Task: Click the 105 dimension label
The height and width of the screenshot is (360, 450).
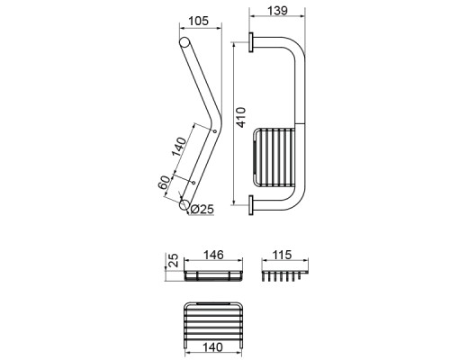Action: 198,21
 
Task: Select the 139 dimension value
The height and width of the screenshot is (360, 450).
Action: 277,11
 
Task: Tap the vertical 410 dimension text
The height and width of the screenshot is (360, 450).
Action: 241,117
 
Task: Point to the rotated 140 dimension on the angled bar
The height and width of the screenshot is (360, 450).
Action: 179,147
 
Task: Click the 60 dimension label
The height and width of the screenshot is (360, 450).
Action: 164,182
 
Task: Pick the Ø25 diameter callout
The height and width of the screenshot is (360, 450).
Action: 202,209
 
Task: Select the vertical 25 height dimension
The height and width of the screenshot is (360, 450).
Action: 173,260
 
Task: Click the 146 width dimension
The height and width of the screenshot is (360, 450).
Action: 213,255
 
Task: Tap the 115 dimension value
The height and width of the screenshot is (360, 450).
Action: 282,255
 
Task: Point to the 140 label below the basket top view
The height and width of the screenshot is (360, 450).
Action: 212,347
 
